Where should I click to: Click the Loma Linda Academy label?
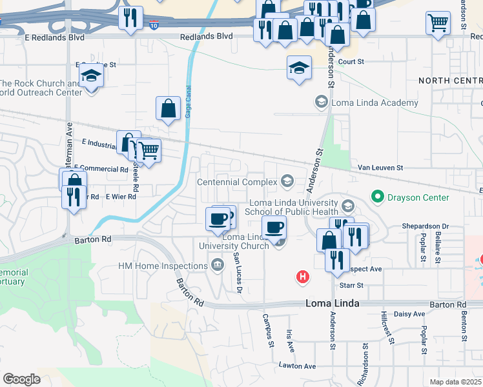pos(375,103)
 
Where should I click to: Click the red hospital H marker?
pos(302,277)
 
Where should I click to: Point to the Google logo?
pos(21,379)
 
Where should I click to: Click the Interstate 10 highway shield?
pos(153,25)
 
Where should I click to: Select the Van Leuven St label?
pos(381,168)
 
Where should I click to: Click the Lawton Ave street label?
pos(297,366)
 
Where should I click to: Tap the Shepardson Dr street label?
pos(426,226)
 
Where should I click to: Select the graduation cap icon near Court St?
pos(300,68)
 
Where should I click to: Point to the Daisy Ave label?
pos(411,314)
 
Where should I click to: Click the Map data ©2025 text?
pos(456,382)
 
